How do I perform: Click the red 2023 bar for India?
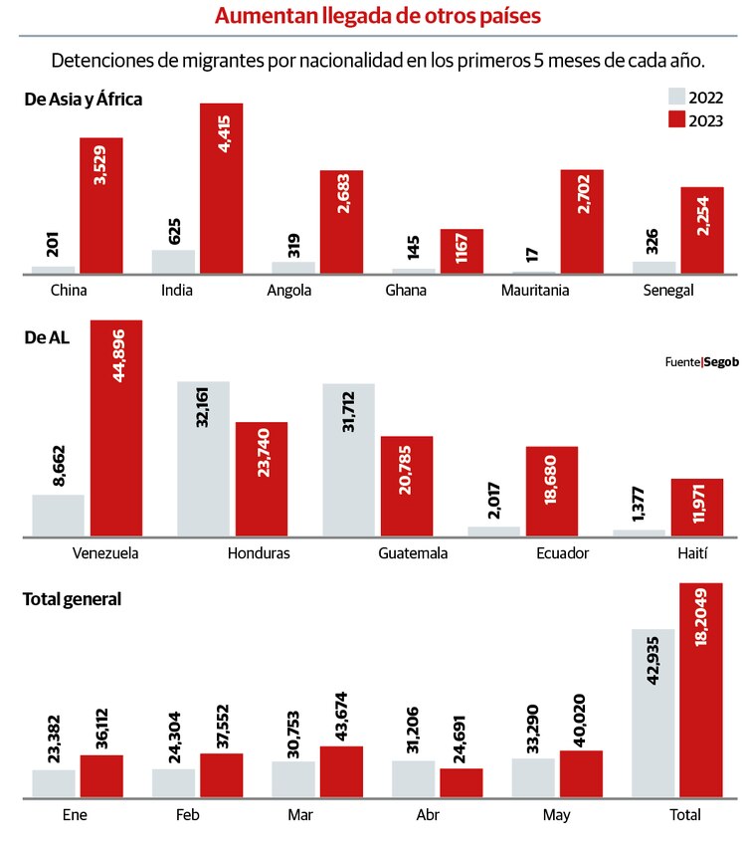[x=221, y=188]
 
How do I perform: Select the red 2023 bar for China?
[x=100, y=205]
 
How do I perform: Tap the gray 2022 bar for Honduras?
[x=203, y=459]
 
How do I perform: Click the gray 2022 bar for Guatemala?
[x=348, y=460]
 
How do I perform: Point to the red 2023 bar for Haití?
[x=696, y=508]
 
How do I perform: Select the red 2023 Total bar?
[x=700, y=690]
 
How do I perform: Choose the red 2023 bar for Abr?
[x=461, y=782]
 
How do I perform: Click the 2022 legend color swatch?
[x=677, y=97]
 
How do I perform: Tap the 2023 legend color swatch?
[x=677, y=120]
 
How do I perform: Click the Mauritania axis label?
[x=563, y=291]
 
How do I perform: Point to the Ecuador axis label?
[x=562, y=553]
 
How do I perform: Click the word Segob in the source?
[x=721, y=362]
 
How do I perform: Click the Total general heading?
[x=73, y=599]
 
